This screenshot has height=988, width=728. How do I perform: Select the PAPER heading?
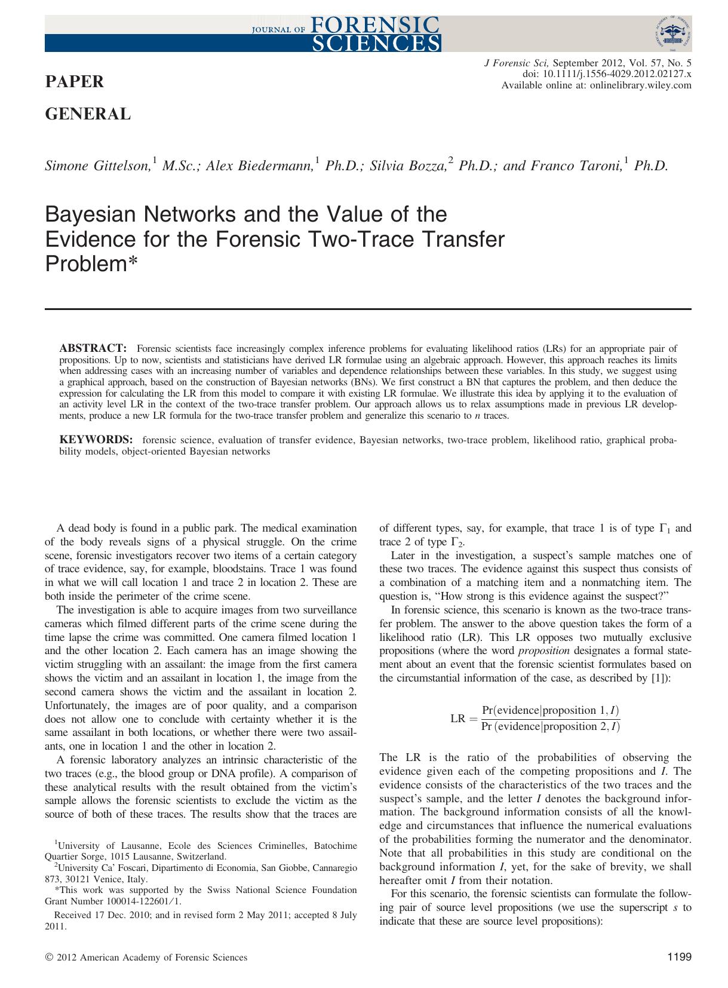[75, 82]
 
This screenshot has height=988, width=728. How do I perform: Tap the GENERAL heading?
[88, 113]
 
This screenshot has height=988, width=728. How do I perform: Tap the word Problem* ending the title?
[91, 264]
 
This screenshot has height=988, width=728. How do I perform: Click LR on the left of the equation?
[457, 718]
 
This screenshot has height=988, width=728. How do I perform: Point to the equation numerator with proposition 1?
[550, 710]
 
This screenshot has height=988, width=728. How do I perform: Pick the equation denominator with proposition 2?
[550, 726]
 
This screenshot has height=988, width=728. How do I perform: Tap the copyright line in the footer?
[146, 958]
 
